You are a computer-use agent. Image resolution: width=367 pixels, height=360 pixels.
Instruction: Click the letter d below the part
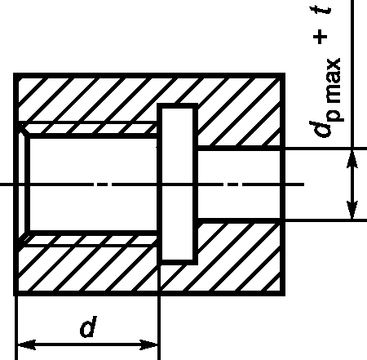[x=89, y=326]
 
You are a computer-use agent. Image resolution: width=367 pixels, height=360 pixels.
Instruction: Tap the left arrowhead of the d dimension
[x=26, y=344]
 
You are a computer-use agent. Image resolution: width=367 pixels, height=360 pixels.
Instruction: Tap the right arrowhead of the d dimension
[x=148, y=344]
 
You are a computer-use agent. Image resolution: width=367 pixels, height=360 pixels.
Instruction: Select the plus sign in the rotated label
[x=320, y=37]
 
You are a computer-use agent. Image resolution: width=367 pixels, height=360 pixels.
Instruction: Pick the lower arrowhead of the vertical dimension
[x=352, y=210]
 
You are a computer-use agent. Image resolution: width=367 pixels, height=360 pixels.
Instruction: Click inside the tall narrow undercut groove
[x=178, y=184]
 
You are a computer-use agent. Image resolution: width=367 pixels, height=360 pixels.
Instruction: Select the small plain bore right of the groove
[x=239, y=184]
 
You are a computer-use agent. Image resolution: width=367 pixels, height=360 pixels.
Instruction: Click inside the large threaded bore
[x=93, y=184]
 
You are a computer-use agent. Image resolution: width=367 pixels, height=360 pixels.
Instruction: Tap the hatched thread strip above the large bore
[x=90, y=129]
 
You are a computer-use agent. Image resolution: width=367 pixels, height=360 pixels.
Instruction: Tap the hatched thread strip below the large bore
[x=90, y=240]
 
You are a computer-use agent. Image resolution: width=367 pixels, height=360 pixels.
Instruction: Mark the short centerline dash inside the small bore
[x=232, y=184]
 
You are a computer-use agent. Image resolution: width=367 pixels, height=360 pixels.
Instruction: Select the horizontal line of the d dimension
[x=87, y=344]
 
